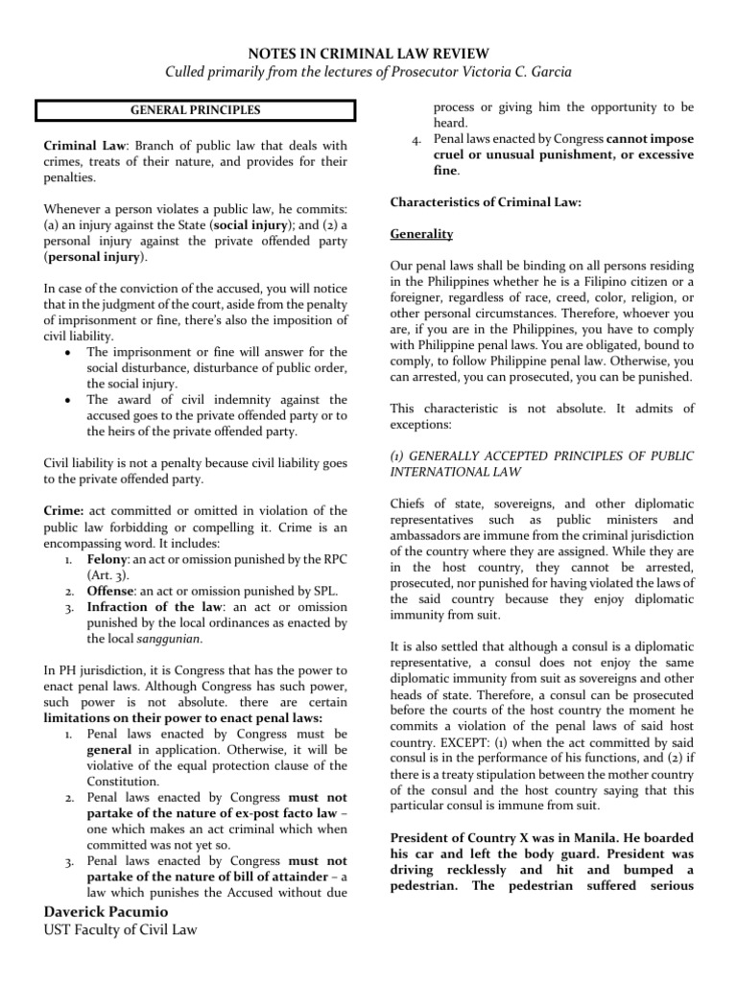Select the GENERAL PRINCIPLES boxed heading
[x=196, y=110]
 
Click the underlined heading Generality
[x=421, y=234]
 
